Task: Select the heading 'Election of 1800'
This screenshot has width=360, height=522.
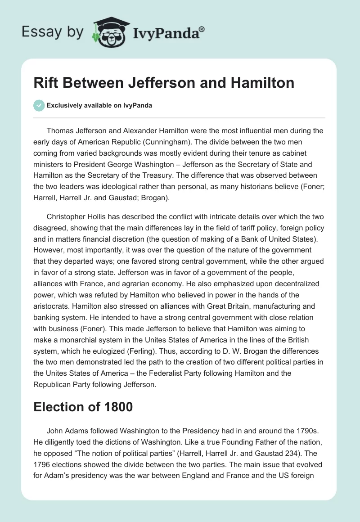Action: [x=83, y=407]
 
